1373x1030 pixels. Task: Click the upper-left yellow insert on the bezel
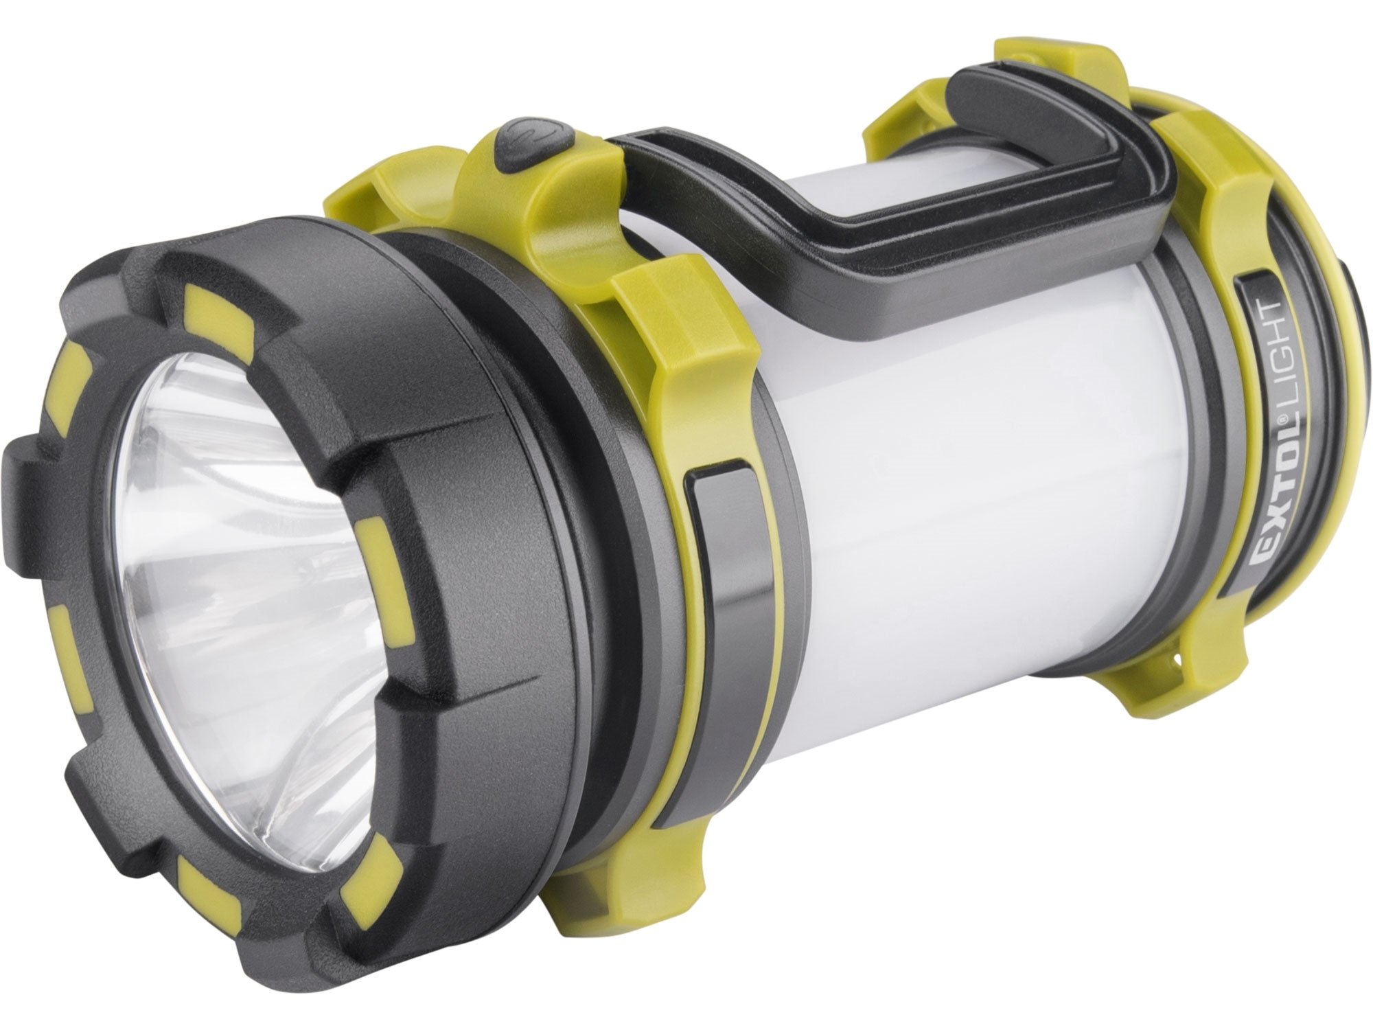pyautogui.click(x=69, y=385)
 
